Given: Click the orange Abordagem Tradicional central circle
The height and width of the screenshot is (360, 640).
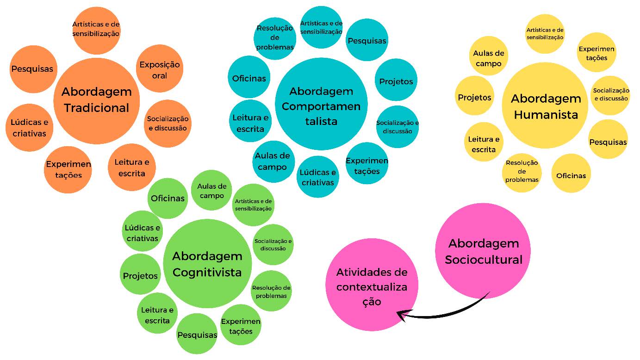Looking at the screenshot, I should [96, 100].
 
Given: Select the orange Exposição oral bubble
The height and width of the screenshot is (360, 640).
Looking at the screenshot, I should [160, 69].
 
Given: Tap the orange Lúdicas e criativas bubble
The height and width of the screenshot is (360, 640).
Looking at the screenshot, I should [29, 128].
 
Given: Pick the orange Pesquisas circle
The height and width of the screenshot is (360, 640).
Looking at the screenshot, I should [32, 69].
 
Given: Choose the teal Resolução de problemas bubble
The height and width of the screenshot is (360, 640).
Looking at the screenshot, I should [275, 37].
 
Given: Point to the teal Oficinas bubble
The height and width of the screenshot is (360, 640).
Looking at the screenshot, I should [249, 78].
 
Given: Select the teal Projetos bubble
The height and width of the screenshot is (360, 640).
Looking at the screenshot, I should [396, 81].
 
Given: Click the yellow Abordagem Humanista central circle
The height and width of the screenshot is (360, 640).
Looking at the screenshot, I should [546, 106].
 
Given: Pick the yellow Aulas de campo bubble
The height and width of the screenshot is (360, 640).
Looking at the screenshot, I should [488, 58].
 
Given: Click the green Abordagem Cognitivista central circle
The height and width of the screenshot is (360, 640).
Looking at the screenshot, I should [207, 264].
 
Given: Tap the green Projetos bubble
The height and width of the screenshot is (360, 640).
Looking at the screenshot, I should [140, 276].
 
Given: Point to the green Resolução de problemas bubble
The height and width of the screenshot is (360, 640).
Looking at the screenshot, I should [271, 292].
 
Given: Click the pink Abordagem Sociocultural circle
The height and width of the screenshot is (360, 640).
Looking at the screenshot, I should [483, 251].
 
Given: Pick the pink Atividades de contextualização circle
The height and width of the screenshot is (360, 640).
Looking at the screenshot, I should [372, 285].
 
